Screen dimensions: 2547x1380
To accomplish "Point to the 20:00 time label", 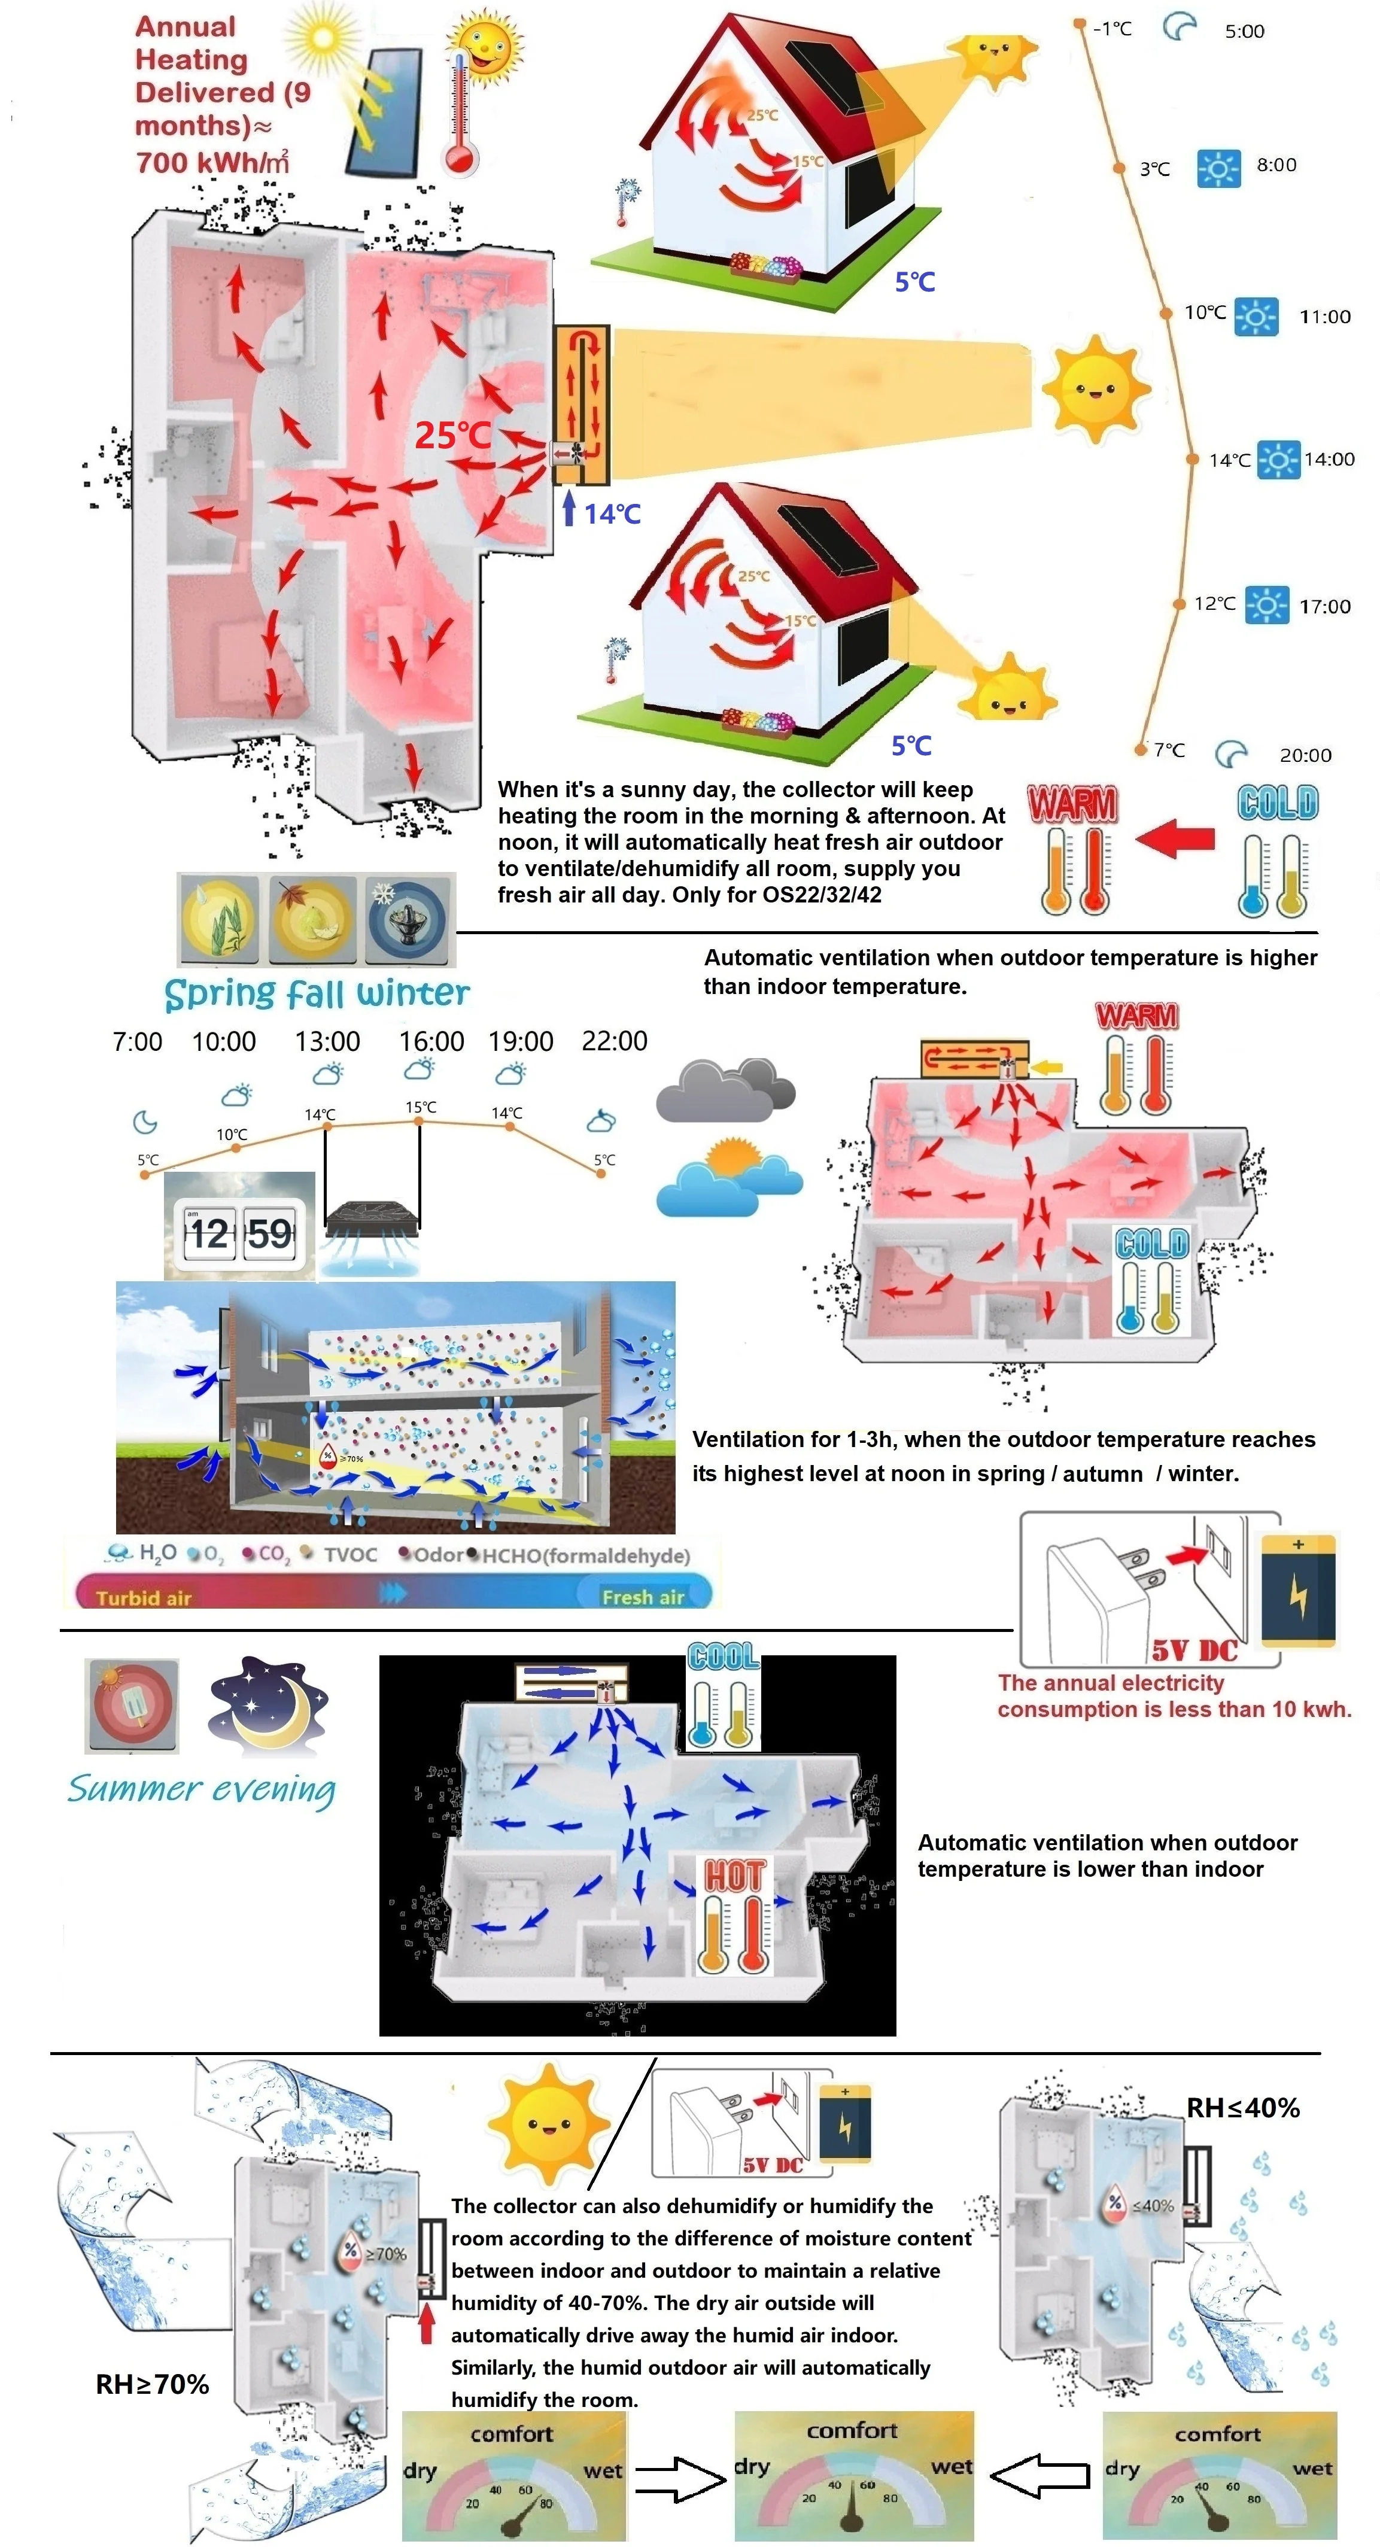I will click(1305, 755).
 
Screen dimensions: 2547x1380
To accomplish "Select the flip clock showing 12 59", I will click(240, 1233).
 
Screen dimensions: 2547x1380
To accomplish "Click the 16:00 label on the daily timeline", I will click(431, 1041).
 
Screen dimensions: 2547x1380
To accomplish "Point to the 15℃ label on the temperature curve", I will click(420, 1107).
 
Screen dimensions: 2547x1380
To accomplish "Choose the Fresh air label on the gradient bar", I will click(643, 1597).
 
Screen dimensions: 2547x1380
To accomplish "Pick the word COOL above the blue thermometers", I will click(724, 1656).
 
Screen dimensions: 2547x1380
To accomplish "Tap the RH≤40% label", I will click(1242, 2108).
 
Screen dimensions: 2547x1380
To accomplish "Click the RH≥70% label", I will click(152, 2385).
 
